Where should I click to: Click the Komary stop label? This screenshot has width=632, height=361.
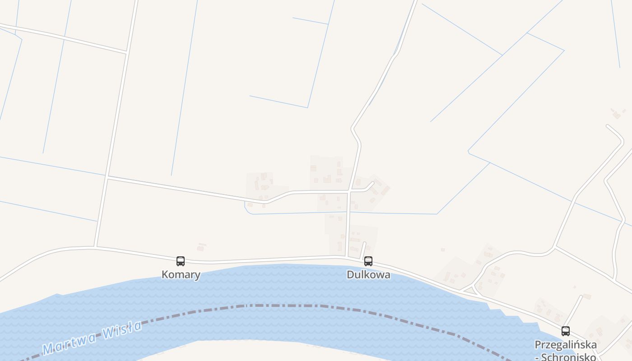point(181,275)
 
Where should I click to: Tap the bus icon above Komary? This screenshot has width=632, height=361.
point(181,261)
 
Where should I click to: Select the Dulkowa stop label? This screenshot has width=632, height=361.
point(368,275)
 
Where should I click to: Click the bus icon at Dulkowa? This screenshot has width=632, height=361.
point(368,261)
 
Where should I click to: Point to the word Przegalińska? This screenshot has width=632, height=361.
point(565,345)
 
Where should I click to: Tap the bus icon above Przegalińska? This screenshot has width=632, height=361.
point(566,331)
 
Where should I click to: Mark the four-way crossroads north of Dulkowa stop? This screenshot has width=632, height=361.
point(349,192)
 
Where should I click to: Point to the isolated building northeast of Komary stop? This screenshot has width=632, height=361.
point(201,247)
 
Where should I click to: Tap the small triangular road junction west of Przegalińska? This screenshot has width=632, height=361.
point(471,290)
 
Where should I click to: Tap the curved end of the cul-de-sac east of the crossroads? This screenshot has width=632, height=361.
point(372,184)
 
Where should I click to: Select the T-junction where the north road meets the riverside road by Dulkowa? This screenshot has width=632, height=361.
point(347,258)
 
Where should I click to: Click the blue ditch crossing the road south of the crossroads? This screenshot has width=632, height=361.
point(348,212)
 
